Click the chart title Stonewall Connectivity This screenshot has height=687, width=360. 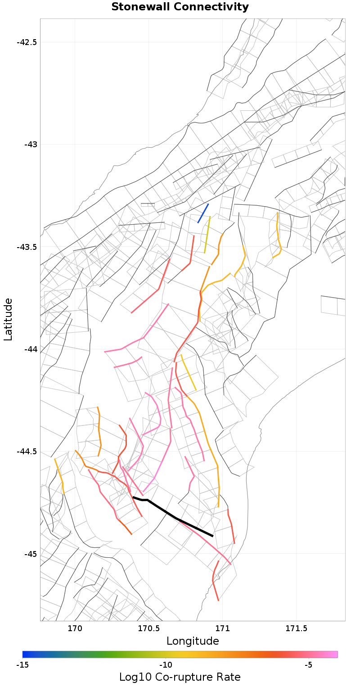click(x=180, y=7)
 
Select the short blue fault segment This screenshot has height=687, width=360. click(x=203, y=213)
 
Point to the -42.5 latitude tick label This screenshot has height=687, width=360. click(x=27, y=42)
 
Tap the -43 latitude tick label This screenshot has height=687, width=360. click(x=30, y=145)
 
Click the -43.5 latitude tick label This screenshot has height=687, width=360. click(x=27, y=247)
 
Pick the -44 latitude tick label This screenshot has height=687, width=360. click(x=30, y=349)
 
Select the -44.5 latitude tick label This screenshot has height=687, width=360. click(x=27, y=452)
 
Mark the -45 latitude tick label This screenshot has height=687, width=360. click(x=30, y=554)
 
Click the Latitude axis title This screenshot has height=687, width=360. click(x=8, y=320)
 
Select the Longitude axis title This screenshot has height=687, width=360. click(x=193, y=641)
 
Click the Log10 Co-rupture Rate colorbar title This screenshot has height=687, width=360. click(x=180, y=677)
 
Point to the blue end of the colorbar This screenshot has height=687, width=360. click(x=25, y=654)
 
